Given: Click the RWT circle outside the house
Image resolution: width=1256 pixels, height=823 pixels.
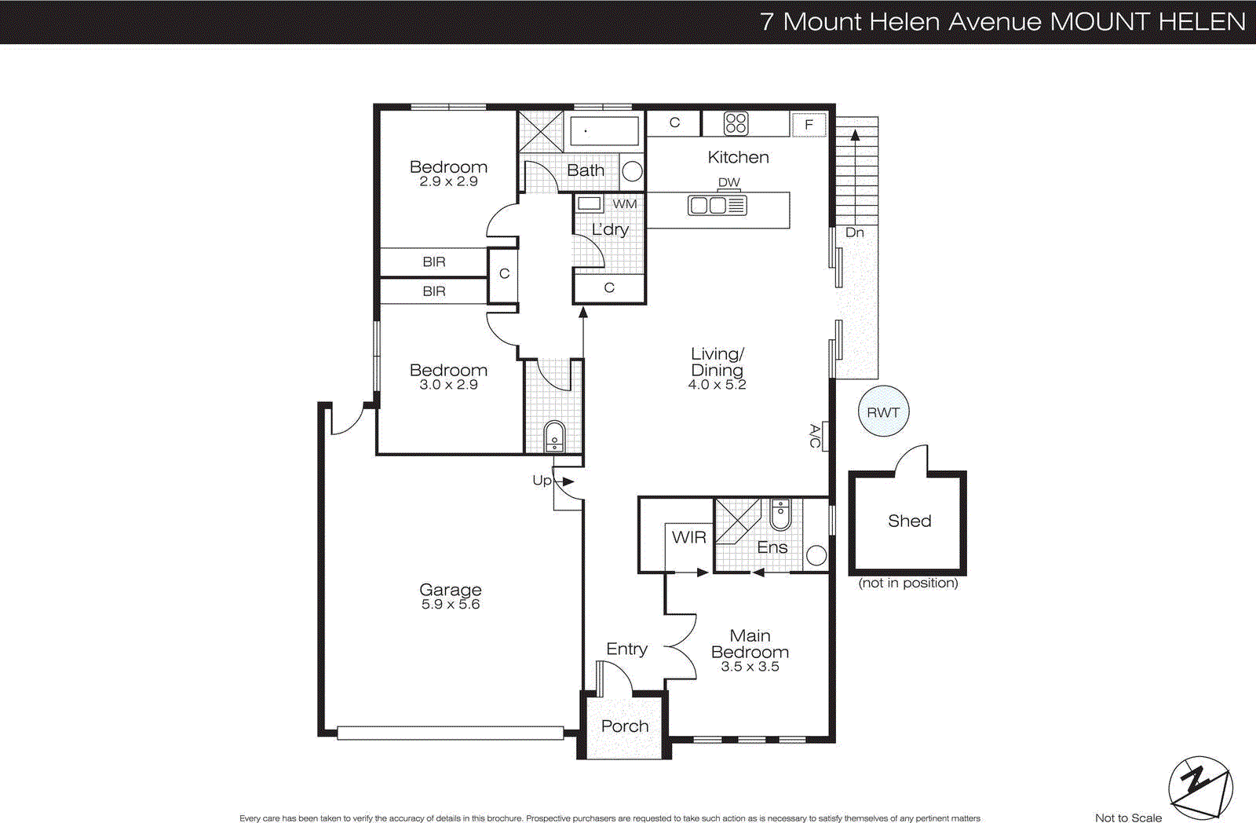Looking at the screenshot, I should tap(883, 411).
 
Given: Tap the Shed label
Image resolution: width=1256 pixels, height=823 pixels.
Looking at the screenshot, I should tap(909, 521).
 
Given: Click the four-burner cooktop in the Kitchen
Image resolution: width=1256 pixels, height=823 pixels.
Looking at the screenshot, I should tap(736, 123).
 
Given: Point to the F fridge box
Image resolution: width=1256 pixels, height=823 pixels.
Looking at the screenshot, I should tap(809, 125).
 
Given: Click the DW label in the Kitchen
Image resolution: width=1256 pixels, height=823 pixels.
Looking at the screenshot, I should tap(728, 182).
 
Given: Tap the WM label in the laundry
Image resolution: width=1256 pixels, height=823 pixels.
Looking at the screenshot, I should tap(625, 204).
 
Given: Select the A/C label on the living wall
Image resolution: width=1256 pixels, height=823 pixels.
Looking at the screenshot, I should tap(815, 436).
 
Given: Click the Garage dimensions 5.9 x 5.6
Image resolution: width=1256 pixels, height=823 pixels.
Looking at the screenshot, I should tap(450, 604).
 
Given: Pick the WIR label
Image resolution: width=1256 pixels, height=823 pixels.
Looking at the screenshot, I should tap(688, 537).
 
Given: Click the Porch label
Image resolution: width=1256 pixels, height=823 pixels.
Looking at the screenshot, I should tap(625, 726).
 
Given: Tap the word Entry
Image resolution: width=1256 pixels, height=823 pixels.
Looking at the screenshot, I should tap(626, 649).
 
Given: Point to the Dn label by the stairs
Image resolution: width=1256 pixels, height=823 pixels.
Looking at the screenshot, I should tap(854, 232).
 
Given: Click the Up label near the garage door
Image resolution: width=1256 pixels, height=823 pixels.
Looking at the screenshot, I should tap(542, 480).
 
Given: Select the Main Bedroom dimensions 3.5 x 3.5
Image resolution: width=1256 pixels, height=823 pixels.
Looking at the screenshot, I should tap(750, 667).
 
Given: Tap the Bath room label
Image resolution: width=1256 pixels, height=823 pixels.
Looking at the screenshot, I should tap(586, 170).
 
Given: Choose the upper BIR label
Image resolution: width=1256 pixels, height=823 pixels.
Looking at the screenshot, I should tap(433, 262).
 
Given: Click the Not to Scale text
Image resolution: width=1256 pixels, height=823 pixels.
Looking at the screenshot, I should tap(1127, 818).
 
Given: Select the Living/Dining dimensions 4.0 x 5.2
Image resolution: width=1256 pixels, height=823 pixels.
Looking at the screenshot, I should tap(717, 385).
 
